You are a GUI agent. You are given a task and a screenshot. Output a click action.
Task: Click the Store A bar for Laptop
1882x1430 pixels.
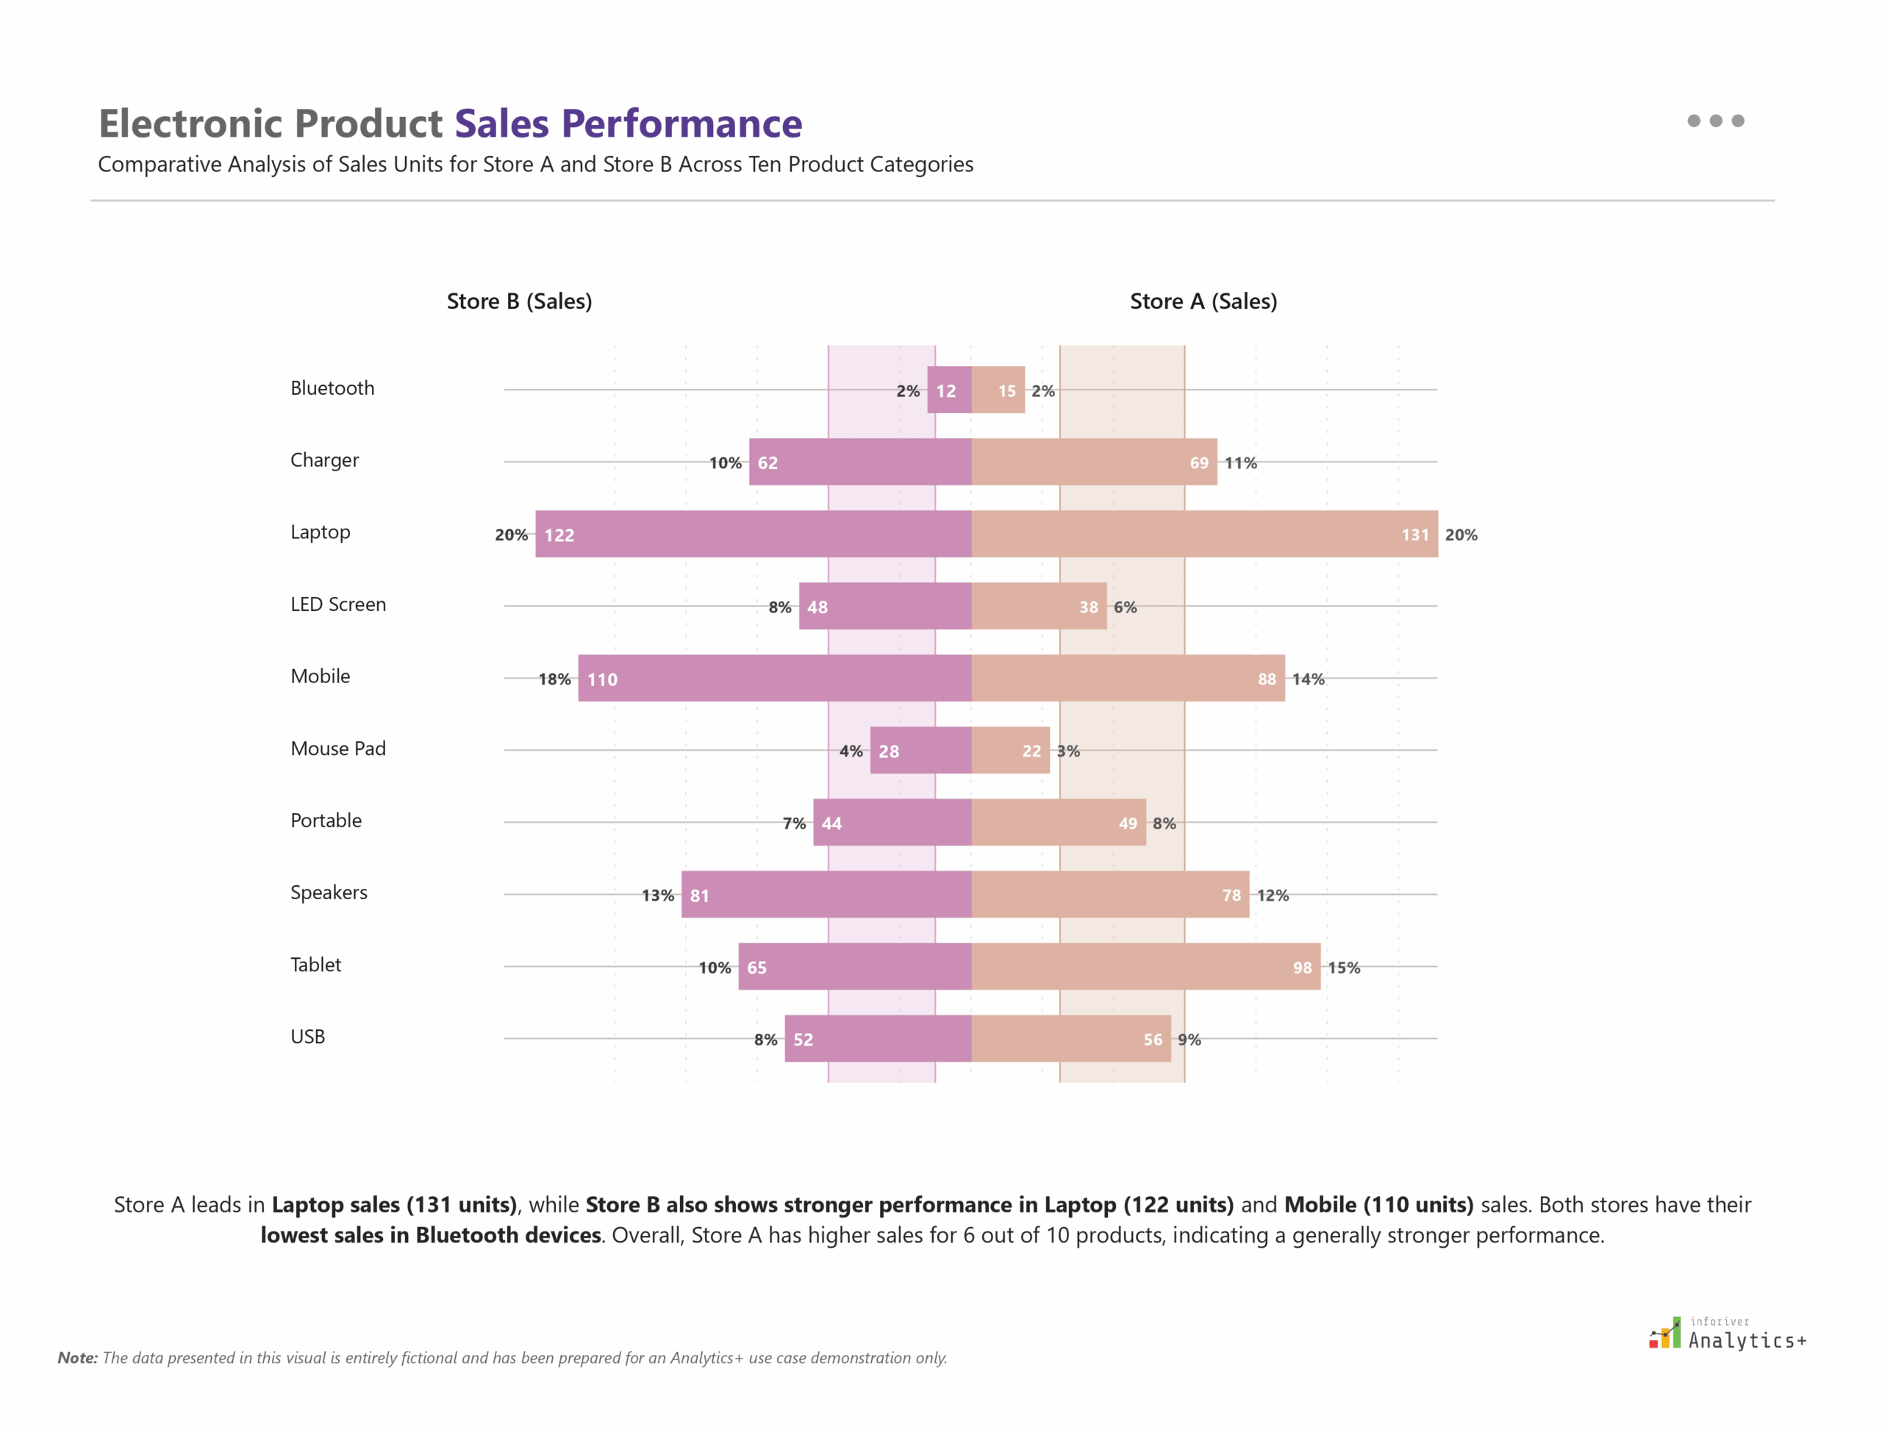tap(1203, 534)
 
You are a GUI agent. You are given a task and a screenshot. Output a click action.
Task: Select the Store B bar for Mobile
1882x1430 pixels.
tap(775, 679)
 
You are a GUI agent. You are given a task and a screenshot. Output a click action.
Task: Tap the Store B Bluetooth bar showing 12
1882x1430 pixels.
tap(948, 390)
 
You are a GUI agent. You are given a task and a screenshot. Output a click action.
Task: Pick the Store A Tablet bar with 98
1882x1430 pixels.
tap(1145, 966)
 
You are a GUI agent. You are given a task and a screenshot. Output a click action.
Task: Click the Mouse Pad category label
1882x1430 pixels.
tap(338, 748)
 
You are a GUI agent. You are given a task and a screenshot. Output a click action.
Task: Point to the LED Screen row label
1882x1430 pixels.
tap(338, 604)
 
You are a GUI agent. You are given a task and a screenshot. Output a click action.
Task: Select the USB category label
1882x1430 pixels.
tap(307, 1037)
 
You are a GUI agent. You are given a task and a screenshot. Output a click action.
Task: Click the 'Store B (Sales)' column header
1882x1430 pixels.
tap(519, 301)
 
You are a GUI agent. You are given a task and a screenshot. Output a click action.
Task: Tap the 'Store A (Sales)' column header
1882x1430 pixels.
tap(1203, 301)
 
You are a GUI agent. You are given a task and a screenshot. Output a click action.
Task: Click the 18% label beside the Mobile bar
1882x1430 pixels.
tap(554, 679)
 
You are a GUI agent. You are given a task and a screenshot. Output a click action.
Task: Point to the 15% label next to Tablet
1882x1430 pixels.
tap(1343, 968)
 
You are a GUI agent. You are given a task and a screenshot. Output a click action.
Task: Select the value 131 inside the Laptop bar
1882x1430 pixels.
tap(1414, 535)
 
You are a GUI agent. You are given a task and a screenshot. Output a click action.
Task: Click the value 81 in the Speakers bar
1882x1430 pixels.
tap(700, 895)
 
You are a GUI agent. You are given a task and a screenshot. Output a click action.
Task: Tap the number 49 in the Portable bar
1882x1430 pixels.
tap(1127, 823)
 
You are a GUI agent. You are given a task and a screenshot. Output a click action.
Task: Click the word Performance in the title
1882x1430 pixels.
tap(681, 124)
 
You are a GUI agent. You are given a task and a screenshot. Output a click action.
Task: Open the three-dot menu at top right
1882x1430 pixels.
tap(1715, 121)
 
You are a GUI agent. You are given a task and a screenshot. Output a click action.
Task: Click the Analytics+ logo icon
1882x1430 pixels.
tap(1665, 1334)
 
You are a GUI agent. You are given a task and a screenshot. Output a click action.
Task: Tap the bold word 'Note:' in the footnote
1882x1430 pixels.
tap(77, 1358)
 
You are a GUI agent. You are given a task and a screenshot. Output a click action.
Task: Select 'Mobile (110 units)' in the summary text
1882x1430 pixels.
tap(1378, 1204)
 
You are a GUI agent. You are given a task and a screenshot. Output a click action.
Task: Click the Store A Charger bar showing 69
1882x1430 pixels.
tap(1094, 462)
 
